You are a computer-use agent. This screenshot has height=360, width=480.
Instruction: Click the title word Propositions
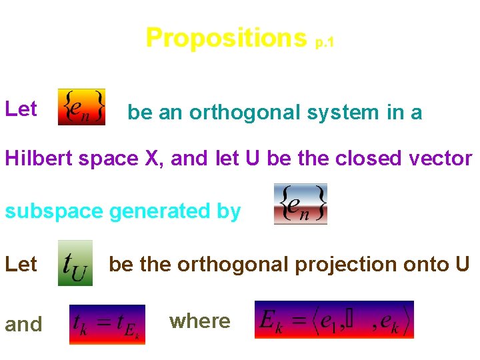coord(225,38)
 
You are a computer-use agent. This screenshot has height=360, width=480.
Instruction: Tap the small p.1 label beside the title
coord(324,42)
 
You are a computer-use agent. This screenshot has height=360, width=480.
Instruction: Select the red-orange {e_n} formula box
coord(81,107)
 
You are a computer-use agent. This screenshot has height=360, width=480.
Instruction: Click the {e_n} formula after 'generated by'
coord(300,204)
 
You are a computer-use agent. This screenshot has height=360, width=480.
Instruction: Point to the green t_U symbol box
coord(75,263)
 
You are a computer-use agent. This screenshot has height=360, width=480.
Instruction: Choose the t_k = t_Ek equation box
coord(107,324)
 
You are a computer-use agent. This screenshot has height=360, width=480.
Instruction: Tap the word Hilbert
coord(38,159)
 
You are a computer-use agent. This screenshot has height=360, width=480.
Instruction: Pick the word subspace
coord(54,212)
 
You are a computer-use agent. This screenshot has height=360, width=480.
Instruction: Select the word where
coord(199,321)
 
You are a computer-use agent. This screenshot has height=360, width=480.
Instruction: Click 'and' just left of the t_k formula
coord(23,325)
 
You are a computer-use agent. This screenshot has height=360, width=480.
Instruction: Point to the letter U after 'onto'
coord(463,265)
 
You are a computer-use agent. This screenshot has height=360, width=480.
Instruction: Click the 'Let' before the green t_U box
coord(21,265)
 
